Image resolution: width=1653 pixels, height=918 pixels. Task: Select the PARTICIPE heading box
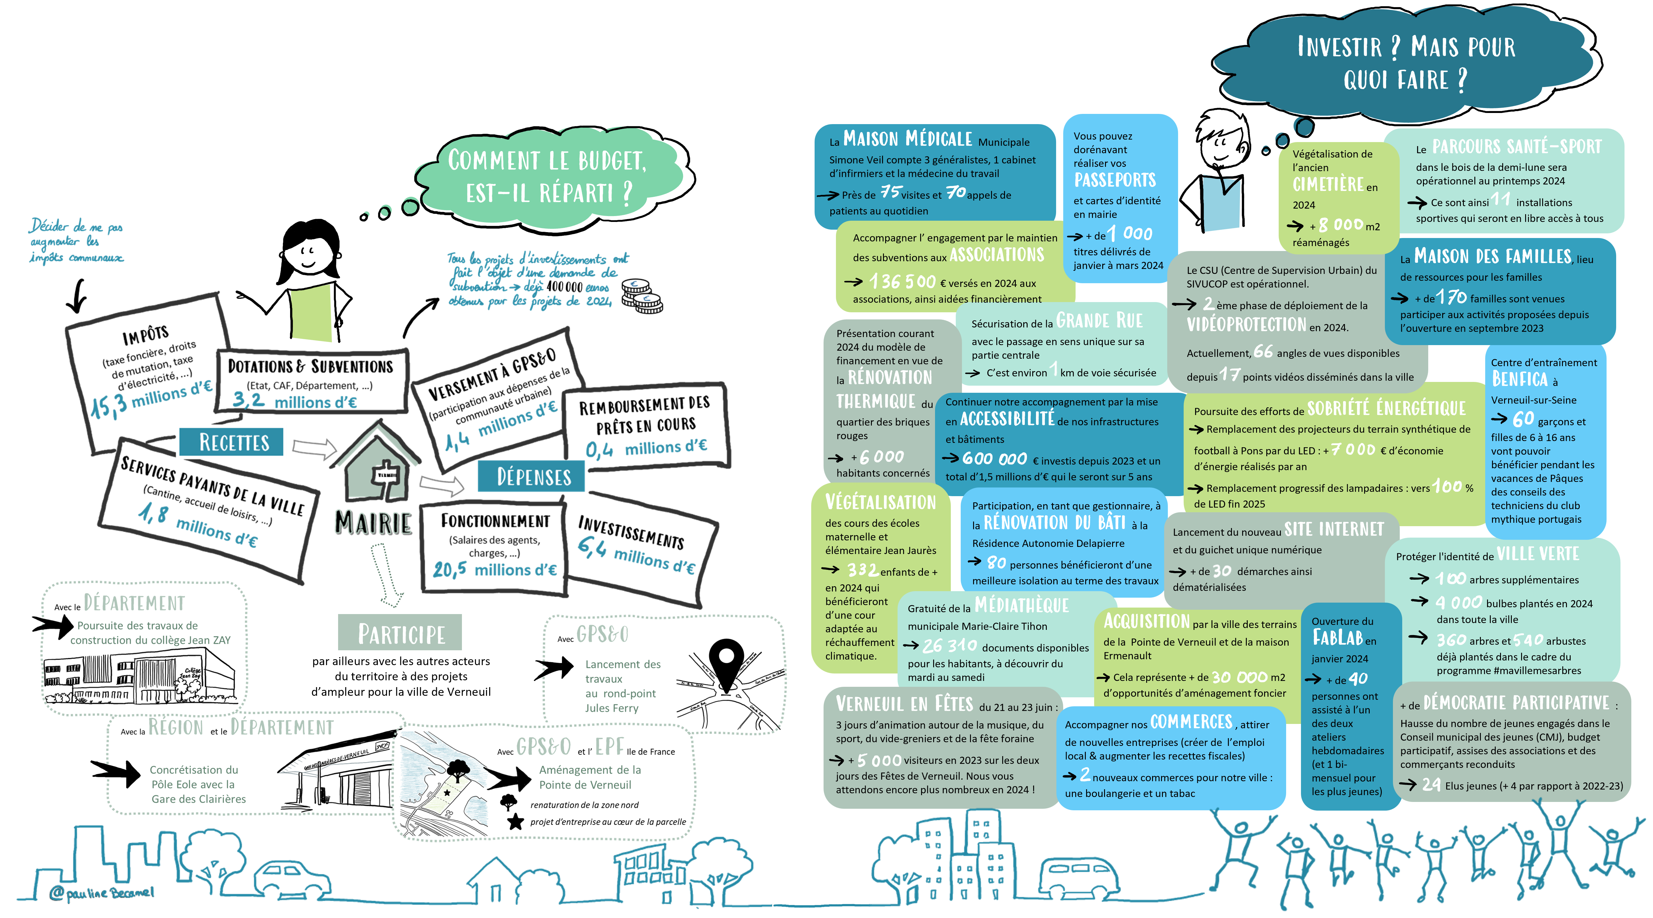pos(400,633)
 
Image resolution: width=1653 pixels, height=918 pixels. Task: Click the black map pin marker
pos(726,664)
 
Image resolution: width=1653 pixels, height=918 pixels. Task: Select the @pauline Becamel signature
pos(103,892)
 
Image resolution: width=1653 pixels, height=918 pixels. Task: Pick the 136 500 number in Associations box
pos(902,282)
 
